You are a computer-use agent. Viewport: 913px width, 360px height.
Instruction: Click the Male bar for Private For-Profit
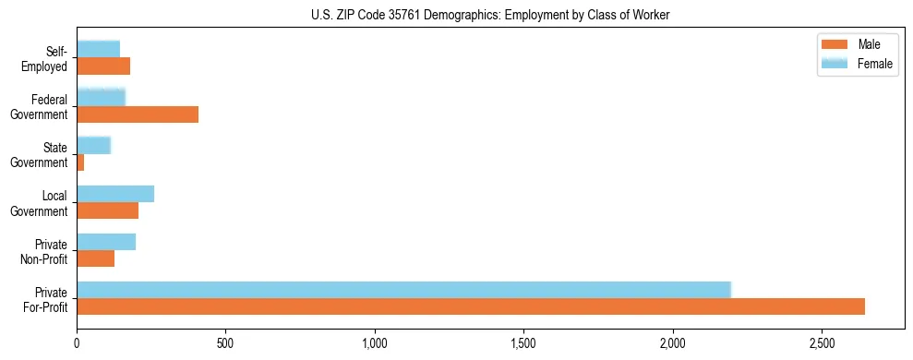(x=471, y=306)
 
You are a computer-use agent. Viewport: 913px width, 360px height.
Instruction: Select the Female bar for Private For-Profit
(x=403, y=290)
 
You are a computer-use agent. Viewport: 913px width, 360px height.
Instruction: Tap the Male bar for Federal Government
(x=138, y=114)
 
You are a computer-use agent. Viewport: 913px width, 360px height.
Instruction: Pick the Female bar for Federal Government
(x=101, y=97)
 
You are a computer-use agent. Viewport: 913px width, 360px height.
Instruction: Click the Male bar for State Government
(x=80, y=162)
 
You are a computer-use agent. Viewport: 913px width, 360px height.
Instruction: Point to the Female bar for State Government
(x=93, y=145)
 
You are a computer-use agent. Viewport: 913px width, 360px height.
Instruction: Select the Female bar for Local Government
(x=115, y=194)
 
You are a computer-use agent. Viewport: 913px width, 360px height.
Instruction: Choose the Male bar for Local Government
(x=107, y=210)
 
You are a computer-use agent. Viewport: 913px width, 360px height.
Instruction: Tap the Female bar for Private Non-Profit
(x=106, y=242)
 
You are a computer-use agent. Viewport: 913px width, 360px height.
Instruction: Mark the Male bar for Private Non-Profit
(x=96, y=258)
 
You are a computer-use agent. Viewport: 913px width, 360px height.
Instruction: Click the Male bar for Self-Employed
(x=103, y=66)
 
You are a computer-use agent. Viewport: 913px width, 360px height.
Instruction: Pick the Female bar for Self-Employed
(x=98, y=49)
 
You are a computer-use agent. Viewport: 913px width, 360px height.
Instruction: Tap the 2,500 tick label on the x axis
(x=822, y=343)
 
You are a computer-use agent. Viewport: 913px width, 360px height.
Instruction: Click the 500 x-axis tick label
(x=226, y=343)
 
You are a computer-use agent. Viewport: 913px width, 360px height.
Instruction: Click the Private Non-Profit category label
(x=45, y=251)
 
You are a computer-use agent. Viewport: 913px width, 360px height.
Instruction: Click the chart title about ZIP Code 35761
(x=490, y=15)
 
